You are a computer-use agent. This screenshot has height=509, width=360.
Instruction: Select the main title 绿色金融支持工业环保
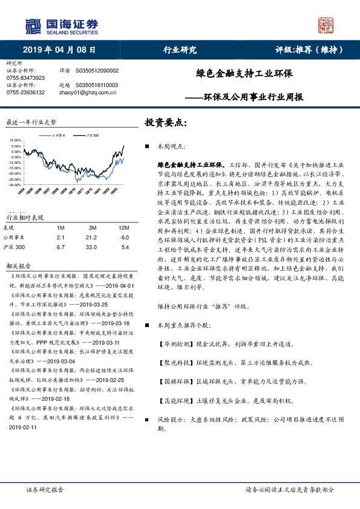pos(244,74)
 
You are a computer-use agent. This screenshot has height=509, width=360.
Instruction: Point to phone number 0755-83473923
pos(25,78)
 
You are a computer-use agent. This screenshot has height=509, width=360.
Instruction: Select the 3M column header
pos(93,227)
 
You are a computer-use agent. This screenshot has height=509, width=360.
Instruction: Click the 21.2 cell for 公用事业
pos(93,238)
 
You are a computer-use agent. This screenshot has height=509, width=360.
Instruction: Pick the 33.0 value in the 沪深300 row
pos(93,247)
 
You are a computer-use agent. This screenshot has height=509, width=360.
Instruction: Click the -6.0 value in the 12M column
pos(125,238)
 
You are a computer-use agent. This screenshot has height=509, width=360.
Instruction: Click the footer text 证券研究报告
pos(45,490)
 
